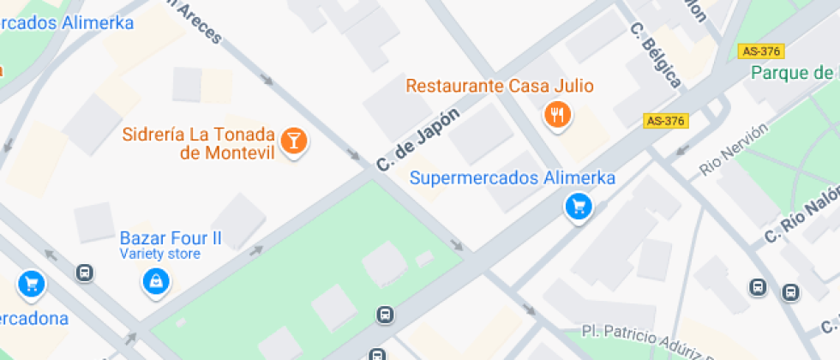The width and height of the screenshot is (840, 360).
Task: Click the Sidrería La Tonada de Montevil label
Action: click(198, 144)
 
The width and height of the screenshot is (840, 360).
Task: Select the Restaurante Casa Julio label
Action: click(500, 86)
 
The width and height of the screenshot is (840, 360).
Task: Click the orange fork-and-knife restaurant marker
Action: click(558, 113)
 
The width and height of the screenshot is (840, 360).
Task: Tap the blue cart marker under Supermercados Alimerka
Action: click(579, 207)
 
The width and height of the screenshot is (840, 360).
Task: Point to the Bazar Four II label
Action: click(170, 238)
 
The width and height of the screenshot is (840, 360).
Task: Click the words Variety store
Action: click(159, 254)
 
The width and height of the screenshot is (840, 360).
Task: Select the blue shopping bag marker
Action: click(156, 280)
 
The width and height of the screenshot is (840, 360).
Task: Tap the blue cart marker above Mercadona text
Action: click(32, 283)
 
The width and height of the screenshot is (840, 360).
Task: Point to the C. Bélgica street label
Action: click(656, 54)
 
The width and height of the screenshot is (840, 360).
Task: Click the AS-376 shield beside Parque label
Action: click(761, 51)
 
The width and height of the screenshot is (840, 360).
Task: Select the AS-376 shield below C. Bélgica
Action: click(665, 121)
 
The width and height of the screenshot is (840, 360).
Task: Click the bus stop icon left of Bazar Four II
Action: click(84, 273)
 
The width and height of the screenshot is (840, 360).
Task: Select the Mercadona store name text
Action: click(34, 319)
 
